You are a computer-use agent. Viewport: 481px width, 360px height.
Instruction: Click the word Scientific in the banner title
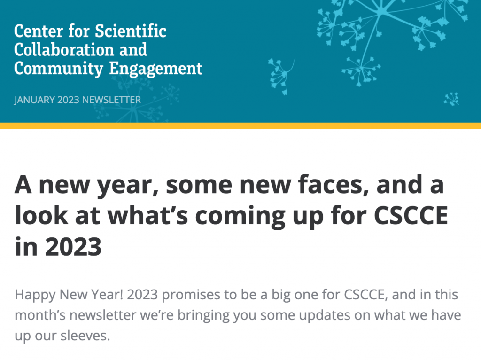coord(131,31)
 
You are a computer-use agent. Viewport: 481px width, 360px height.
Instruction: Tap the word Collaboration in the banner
coord(64,50)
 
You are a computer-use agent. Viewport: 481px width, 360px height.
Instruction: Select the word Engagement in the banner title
coord(156,69)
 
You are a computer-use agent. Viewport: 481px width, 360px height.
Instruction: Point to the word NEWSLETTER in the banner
coord(111,100)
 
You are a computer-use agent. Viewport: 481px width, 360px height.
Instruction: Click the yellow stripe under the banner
coord(240,125)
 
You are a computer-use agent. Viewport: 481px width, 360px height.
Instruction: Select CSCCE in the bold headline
coord(411,215)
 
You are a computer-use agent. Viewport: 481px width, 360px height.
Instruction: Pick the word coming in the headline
coord(240,217)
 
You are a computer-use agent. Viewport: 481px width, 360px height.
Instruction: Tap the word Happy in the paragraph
coord(35,295)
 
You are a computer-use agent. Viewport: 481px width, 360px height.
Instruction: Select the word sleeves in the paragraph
coord(85,336)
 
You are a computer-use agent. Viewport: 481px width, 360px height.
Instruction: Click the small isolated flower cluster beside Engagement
coord(281,77)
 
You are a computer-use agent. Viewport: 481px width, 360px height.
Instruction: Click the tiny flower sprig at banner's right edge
coord(451,99)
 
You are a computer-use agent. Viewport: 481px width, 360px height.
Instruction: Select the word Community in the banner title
coord(59,69)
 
